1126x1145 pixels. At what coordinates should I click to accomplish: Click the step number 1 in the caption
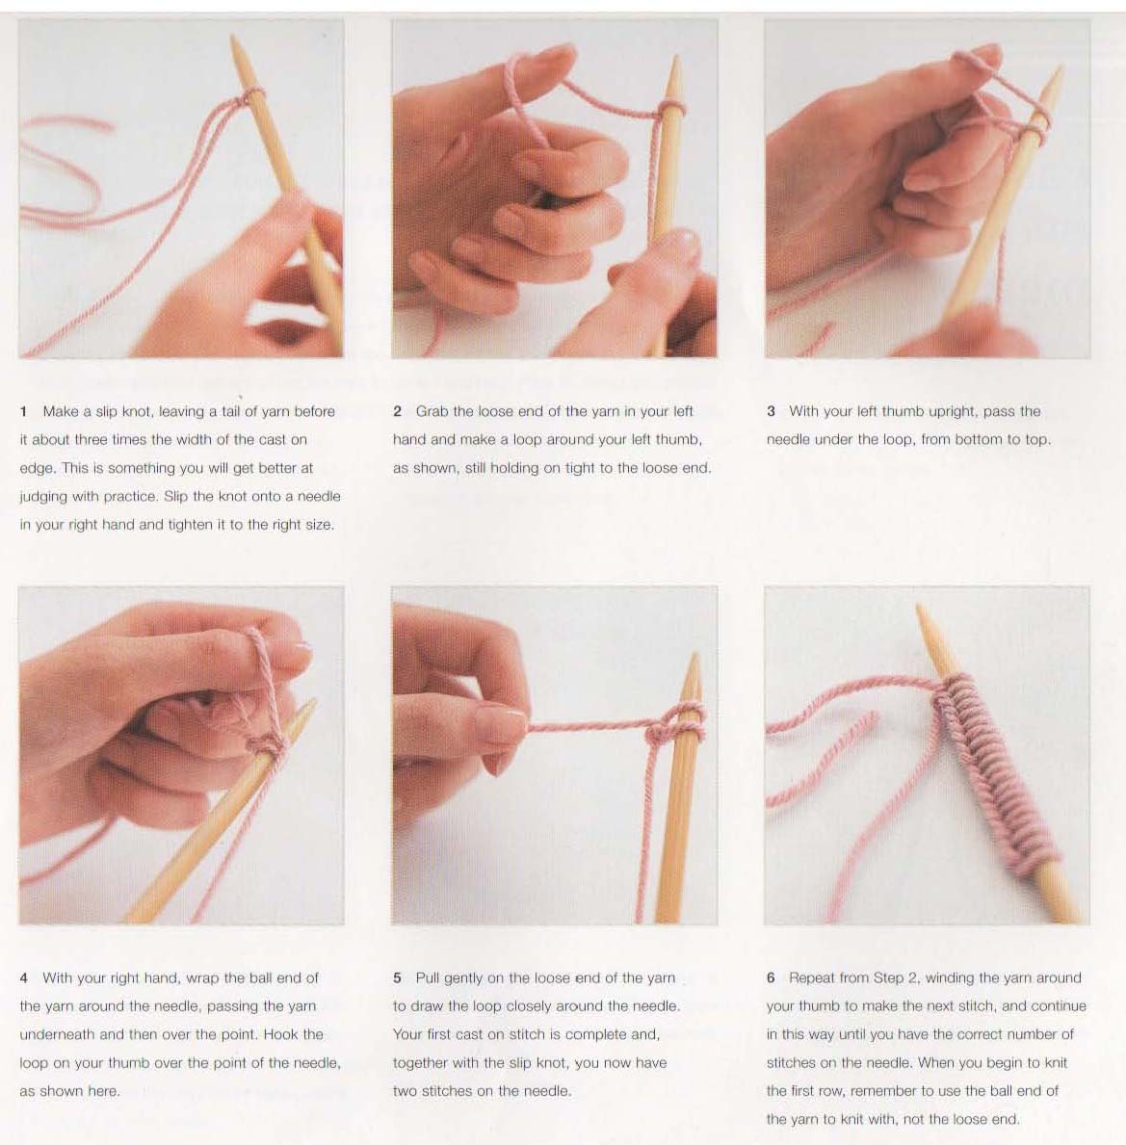click(23, 412)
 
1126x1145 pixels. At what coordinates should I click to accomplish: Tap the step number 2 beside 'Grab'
click(397, 412)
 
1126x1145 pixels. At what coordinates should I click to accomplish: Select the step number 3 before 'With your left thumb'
click(771, 412)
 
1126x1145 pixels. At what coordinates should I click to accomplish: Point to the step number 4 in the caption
click(24, 977)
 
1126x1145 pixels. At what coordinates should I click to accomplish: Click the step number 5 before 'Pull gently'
click(397, 977)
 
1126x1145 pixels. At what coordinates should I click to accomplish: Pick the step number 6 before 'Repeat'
click(771, 977)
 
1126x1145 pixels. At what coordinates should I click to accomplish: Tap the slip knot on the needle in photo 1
click(249, 97)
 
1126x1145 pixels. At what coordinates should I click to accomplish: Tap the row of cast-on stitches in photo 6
click(993, 767)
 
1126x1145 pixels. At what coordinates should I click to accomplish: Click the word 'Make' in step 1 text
click(61, 412)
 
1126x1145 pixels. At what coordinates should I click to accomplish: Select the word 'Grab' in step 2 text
click(432, 412)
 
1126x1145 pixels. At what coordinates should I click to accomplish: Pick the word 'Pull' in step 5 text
click(428, 977)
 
